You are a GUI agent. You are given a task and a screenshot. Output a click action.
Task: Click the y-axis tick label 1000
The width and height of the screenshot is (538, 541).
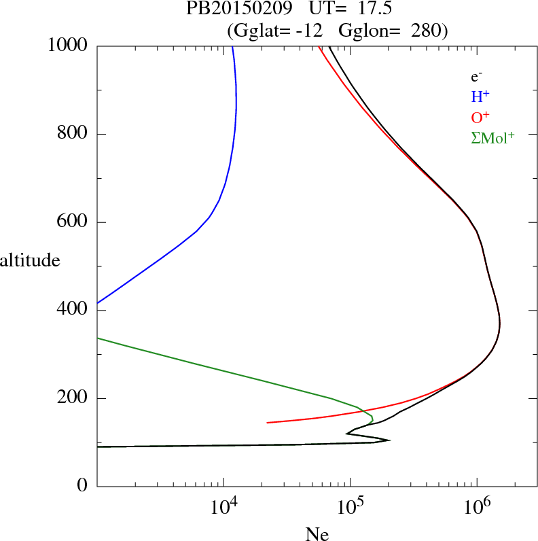[68, 46]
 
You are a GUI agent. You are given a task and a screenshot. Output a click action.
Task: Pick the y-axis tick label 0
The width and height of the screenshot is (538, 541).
[83, 487]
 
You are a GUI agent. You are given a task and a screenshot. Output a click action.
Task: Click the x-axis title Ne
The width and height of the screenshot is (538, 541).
[317, 534]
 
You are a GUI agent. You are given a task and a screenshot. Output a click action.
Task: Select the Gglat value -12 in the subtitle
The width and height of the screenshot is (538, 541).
[309, 31]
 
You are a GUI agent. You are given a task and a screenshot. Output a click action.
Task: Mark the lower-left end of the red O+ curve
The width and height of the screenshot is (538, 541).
[268, 423]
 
